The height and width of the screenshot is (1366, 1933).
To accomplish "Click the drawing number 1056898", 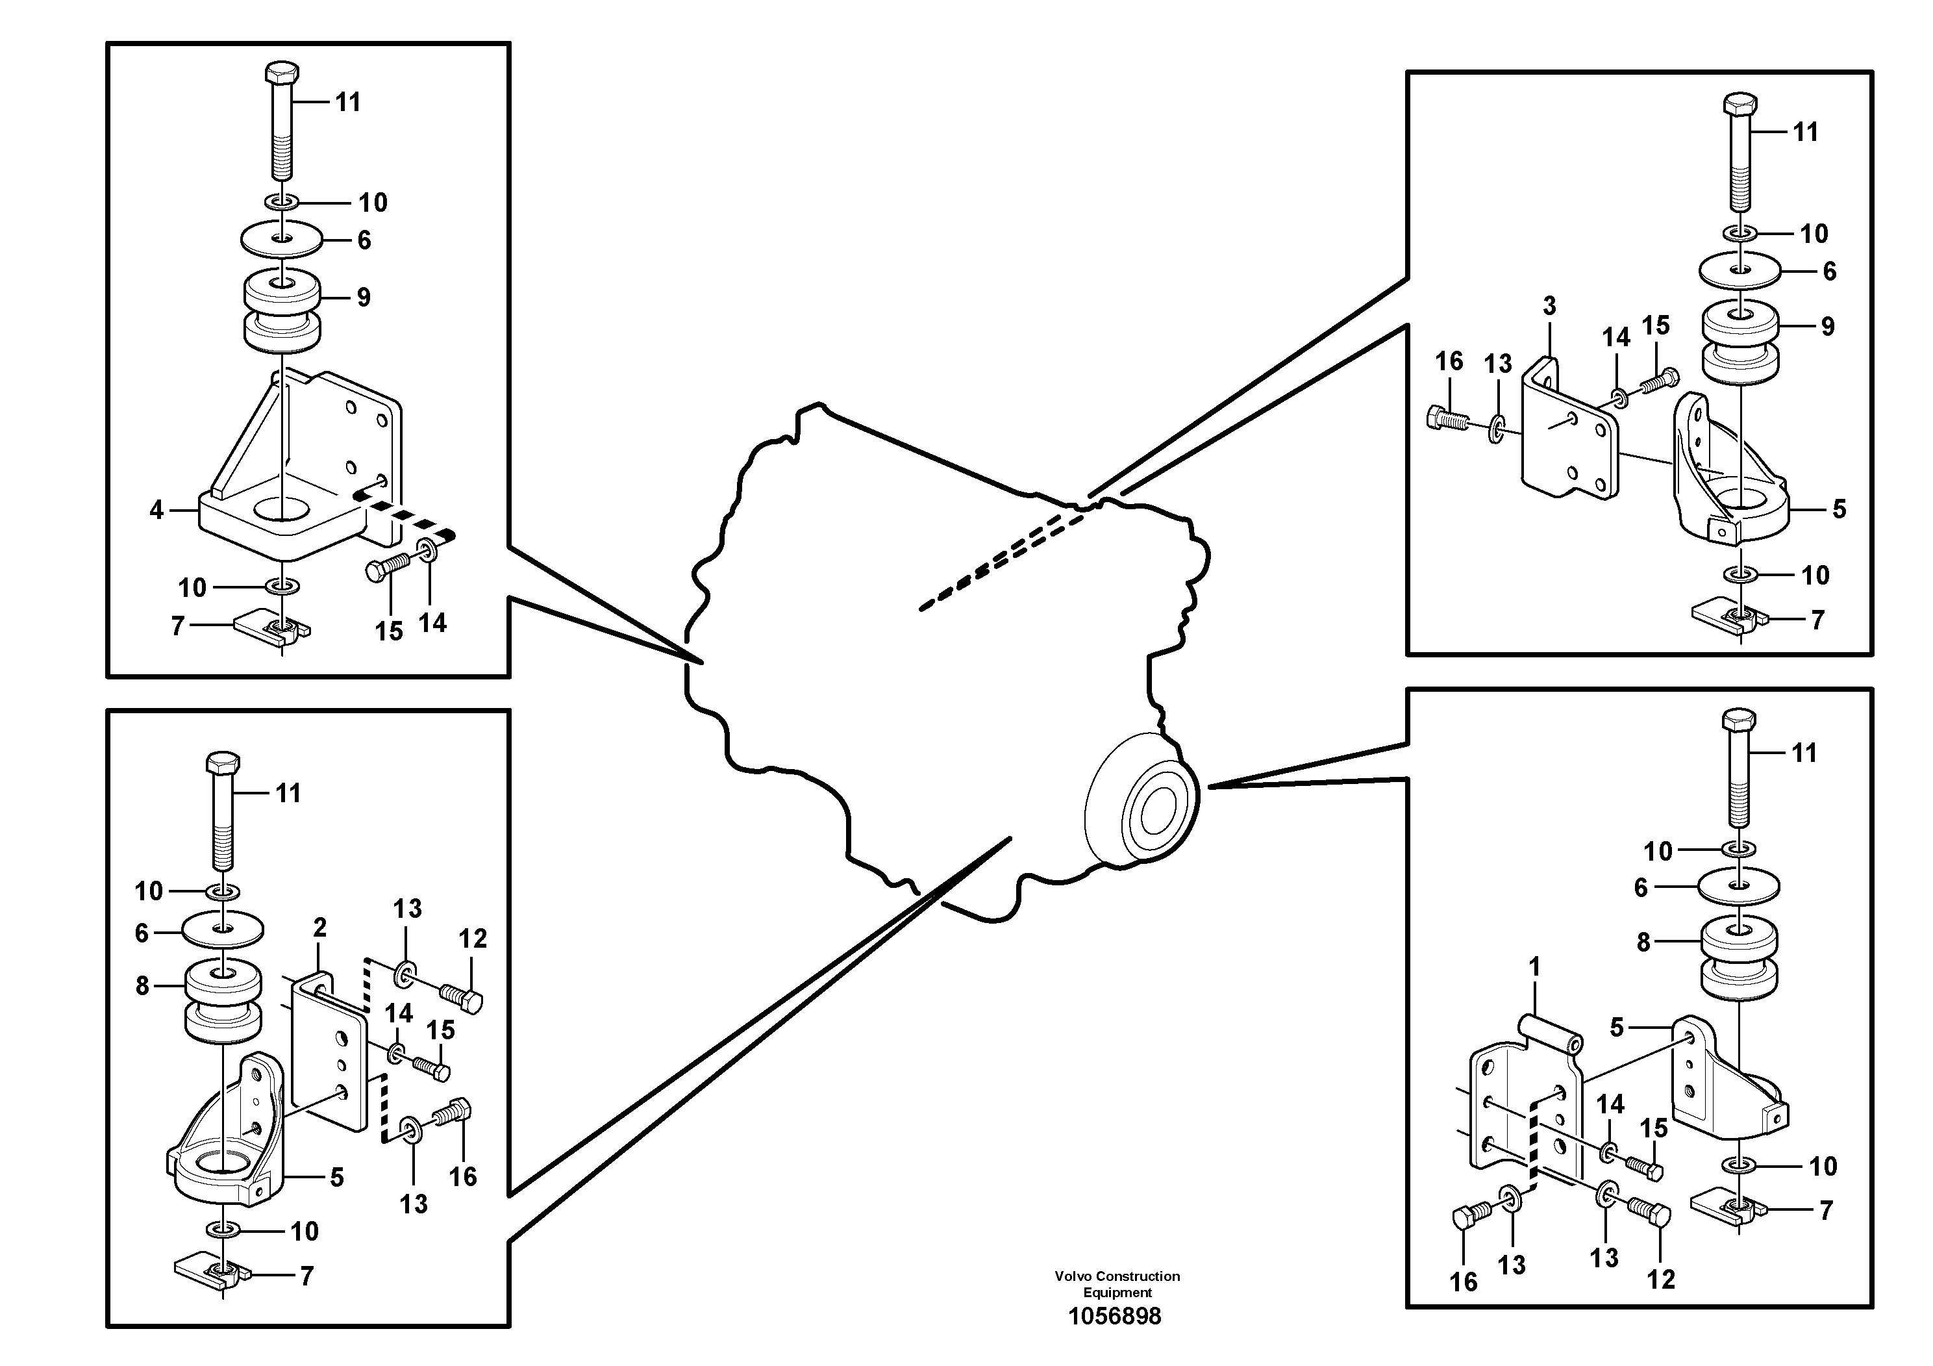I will pos(1115,1317).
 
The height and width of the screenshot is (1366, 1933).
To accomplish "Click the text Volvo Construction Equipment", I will pos(1116,1284).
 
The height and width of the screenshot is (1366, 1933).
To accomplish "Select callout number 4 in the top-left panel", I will pos(156,511).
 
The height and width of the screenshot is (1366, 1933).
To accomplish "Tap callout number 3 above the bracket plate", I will pos(1549,307).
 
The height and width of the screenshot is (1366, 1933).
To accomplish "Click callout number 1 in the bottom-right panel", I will pos(1534,967).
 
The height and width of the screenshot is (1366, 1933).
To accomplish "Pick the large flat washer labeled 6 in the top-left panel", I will pos(282,239).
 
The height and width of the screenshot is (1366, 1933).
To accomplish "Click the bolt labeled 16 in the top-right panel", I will pos(1447,418).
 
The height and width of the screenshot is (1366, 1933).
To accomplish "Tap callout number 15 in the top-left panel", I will pos(388,631).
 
